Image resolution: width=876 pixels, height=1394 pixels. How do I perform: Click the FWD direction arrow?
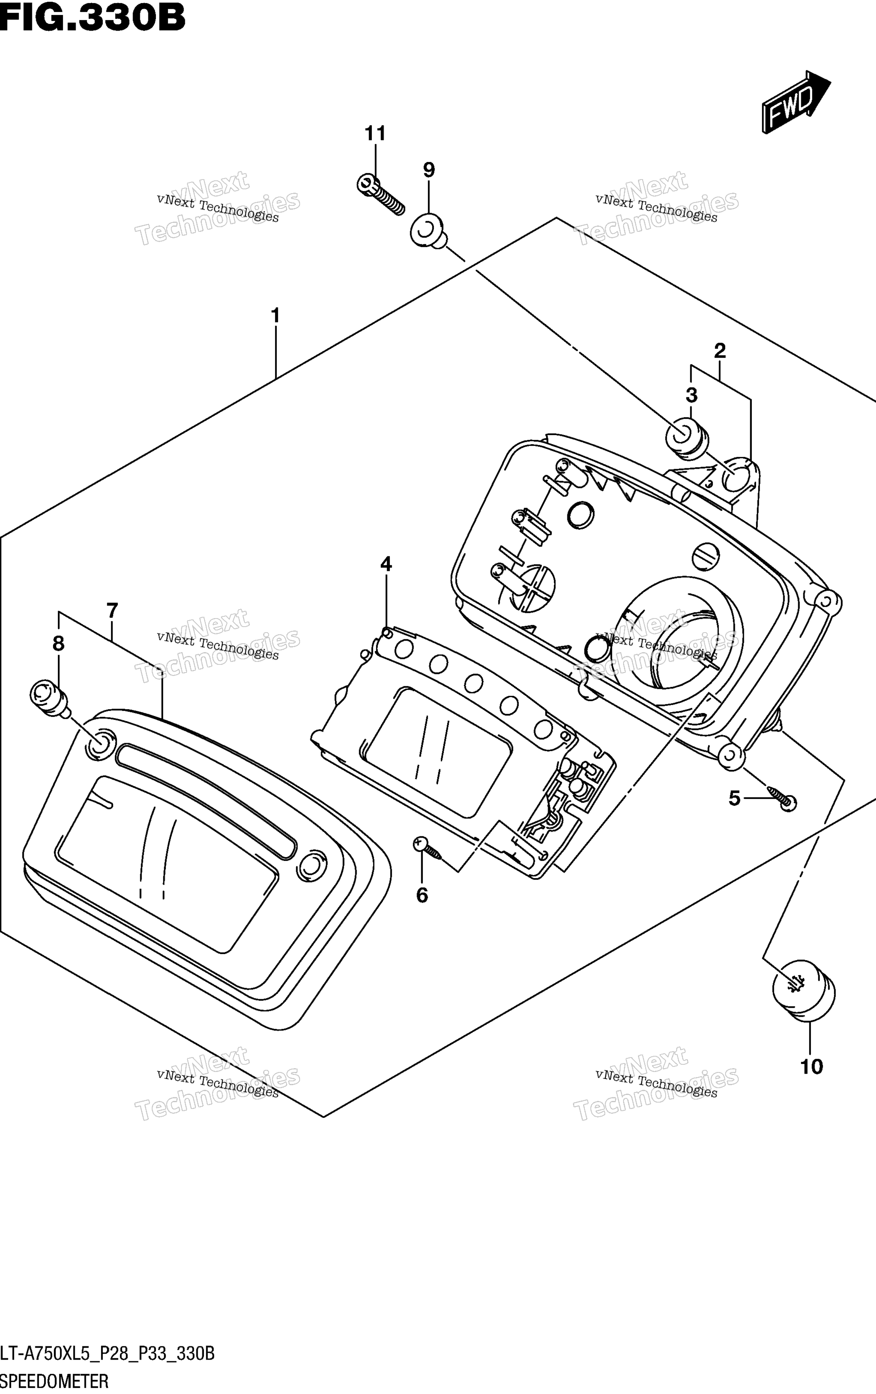[796, 102]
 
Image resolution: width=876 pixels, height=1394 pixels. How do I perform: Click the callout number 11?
[375, 134]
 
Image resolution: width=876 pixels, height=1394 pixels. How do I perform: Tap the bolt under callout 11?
[380, 194]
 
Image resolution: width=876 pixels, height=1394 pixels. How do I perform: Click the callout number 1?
[275, 316]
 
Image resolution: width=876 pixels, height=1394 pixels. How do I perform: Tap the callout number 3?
[692, 395]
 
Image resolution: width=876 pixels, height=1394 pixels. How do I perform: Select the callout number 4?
[386, 563]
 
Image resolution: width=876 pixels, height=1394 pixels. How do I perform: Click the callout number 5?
[734, 799]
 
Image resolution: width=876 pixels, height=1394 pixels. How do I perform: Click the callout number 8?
[58, 643]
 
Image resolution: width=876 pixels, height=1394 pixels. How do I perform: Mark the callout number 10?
[811, 1067]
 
